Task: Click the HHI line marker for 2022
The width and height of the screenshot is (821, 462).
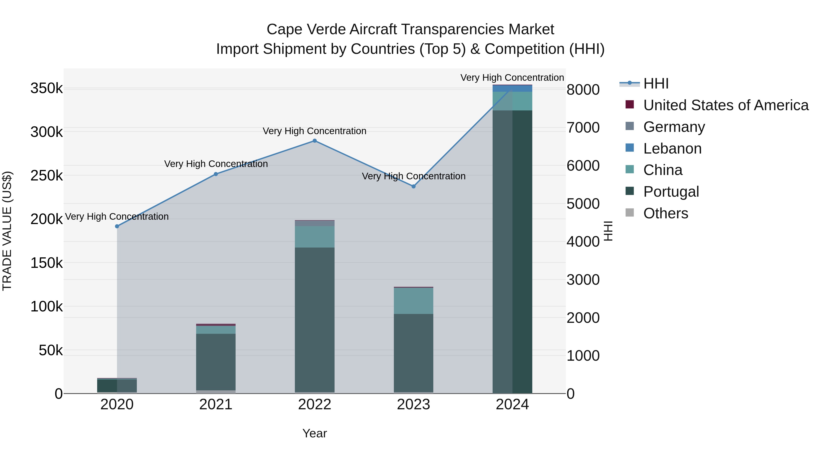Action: [x=314, y=141]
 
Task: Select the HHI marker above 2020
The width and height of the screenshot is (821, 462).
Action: [x=117, y=226]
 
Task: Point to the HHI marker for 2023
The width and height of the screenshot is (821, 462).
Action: [x=414, y=187]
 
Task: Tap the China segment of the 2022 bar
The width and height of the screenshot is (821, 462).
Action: [x=314, y=237]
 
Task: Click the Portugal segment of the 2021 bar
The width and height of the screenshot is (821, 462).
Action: [x=216, y=362]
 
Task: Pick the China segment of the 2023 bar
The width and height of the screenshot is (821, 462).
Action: [x=414, y=301]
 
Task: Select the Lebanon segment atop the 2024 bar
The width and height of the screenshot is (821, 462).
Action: [x=512, y=88]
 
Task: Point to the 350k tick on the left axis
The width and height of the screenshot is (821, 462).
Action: [x=47, y=88]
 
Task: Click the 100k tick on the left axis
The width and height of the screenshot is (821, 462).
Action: [x=47, y=307]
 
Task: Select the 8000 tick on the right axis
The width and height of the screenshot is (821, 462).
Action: [x=583, y=90]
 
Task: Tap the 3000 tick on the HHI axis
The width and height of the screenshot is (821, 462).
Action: [x=583, y=280]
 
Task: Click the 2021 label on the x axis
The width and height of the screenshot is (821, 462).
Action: [x=216, y=405]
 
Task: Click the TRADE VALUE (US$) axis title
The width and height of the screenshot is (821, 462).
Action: [x=7, y=231]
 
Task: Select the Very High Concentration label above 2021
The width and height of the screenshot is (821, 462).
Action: [x=216, y=164]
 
